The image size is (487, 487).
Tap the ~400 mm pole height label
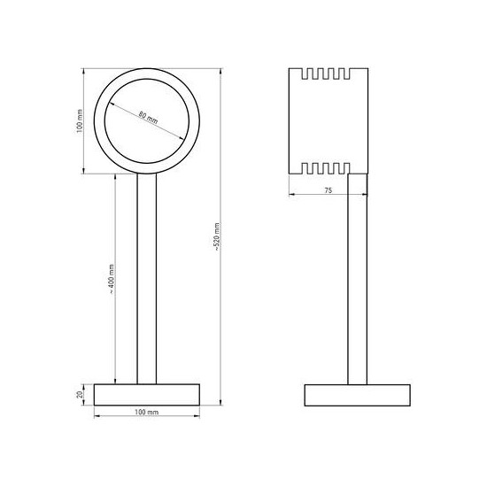[111, 282]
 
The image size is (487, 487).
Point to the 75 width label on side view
[328, 189]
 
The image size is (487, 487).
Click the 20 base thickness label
[81, 394]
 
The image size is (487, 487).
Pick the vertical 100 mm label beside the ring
[79, 125]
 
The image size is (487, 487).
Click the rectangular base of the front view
[147, 394]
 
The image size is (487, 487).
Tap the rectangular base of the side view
[358, 394]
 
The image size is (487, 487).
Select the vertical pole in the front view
[147, 279]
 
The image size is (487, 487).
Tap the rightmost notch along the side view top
[353, 73]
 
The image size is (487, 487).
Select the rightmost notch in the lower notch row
[353, 166]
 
